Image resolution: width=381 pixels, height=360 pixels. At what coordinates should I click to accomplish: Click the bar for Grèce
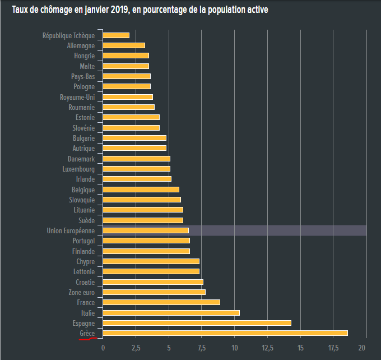click(225, 333)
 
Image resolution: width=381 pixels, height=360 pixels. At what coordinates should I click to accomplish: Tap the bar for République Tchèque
click(116, 35)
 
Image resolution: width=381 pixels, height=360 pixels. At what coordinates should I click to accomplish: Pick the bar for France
click(161, 302)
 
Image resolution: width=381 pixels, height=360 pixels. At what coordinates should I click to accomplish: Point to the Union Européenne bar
click(146, 230)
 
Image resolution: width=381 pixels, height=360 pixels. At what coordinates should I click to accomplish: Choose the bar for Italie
click(171, 313)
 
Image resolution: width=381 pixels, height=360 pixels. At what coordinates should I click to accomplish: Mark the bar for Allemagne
click(124, 45)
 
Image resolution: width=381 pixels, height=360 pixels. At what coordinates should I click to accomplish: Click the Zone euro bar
click(154, 292)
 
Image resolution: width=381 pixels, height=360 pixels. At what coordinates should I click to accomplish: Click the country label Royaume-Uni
click(77, 97)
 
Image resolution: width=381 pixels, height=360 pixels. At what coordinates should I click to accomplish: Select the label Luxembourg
click(78, 169)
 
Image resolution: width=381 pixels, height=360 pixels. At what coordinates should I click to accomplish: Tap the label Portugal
click(83, 241)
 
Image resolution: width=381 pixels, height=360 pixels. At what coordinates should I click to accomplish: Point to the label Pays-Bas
click(83, 76)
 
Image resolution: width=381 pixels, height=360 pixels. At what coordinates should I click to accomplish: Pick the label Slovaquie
click(81, 200)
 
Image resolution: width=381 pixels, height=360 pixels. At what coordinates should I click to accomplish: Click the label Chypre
click(85, 261)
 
